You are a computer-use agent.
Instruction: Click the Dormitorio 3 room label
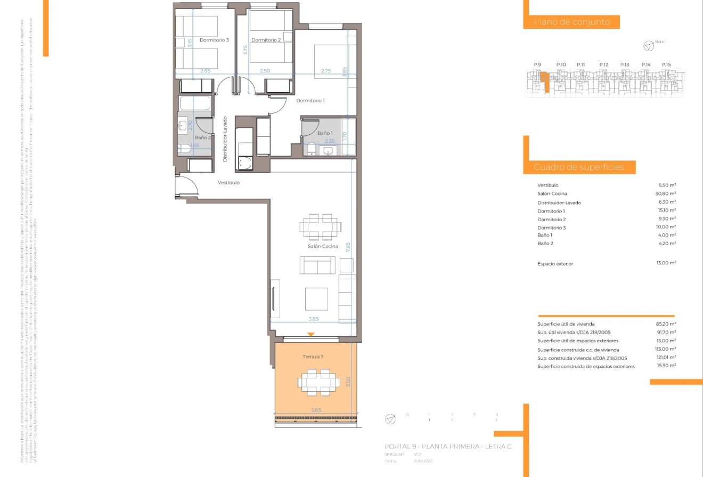[214, 40]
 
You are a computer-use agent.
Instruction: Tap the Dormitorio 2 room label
[266, 40]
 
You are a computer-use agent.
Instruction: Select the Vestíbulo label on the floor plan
[228, 182]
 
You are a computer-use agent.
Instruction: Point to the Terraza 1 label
[313, 357]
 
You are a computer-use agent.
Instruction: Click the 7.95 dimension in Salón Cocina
[348, 247]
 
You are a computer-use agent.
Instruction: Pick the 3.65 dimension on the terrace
[316, 410]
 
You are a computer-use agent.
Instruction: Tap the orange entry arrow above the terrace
[311, 334]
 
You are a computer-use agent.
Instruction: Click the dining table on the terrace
[318, 382]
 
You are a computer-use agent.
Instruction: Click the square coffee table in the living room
[316, 298]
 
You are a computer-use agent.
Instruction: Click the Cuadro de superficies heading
[578, 167]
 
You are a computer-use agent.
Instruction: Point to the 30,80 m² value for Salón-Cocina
[665, 193]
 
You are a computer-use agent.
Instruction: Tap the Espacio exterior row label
[555, 264]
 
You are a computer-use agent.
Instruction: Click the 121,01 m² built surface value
[665, 358]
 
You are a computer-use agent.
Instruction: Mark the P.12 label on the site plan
[603, 64]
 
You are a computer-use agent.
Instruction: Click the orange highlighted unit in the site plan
[543, 80]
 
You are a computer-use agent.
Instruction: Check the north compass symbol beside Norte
[648, 46]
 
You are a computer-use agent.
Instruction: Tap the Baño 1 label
[324, 133]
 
